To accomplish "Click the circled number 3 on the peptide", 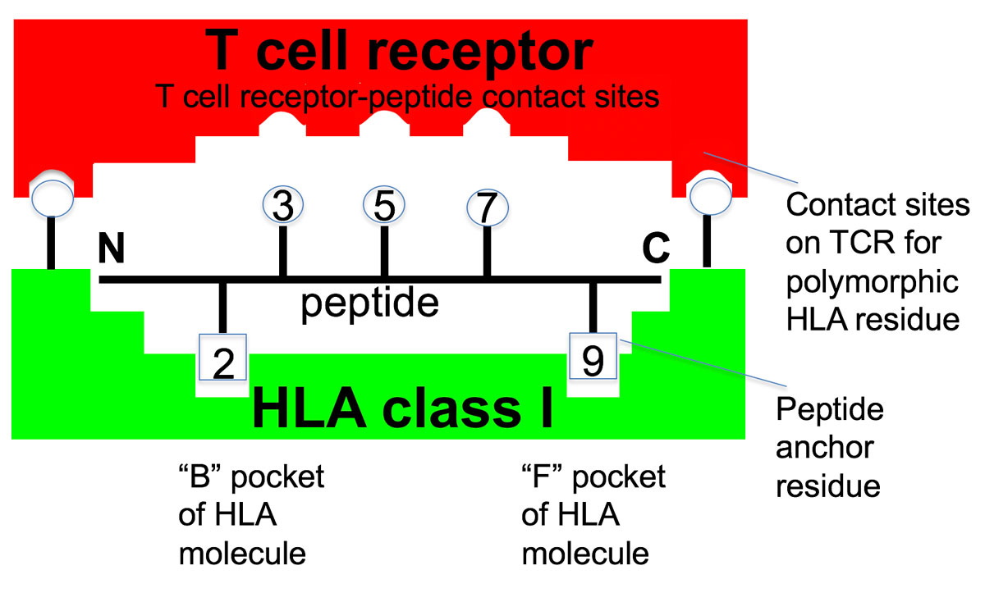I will pyautogui.click(x=282, y=207).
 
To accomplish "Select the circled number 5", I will pyautogui.click(x=384, y=207).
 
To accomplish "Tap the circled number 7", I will pyautogui.click(x=487, y=208).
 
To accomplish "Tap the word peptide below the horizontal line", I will pyautogui.click(x=369, y=303).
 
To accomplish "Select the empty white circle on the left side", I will pyautogui.click(x=51, y=198).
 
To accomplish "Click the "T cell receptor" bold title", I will pyautogui.click(x=399, y=51).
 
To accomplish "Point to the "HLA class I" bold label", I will pyautogui.click(x=402, y=407).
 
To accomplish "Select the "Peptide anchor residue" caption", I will pyautogui.click(x=829, y=447).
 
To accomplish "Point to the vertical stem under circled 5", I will pyautogui.click(x=384, y=251).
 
